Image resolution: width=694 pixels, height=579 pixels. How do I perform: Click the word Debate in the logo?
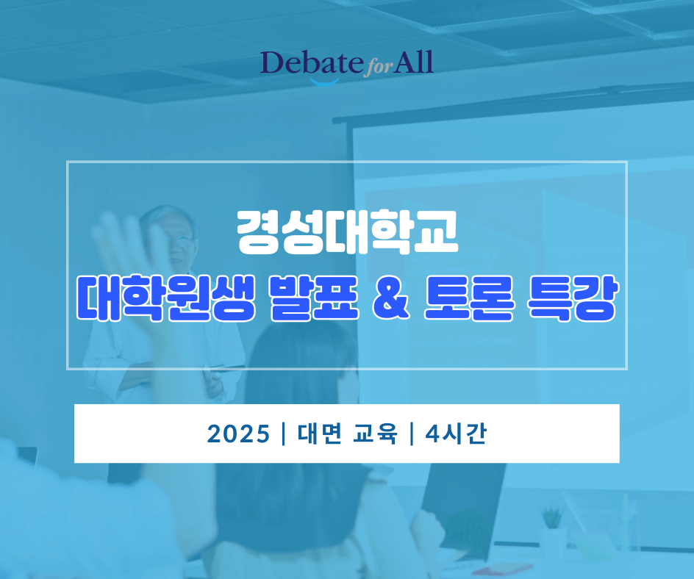(x=312, y=62)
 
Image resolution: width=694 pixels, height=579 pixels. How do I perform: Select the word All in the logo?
(x=413, y=62)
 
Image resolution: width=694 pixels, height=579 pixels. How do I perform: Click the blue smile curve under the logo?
(x=324, y=82)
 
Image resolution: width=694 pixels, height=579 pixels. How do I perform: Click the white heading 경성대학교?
(x=348, y=231)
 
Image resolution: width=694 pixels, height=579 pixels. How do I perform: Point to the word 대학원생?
(x=166, y=298)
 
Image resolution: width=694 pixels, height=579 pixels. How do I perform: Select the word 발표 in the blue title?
(x=314, y=298)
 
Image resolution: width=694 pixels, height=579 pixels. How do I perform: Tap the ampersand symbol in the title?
(x=391, y=298)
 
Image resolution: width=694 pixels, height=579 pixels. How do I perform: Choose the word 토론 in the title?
(x=469, y=298)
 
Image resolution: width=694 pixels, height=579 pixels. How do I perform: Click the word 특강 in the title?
(x=572, y=298)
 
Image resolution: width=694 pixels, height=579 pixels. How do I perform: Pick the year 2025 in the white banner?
(x=238, y=434)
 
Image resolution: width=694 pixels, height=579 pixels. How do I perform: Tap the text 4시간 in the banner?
(x=456, y=433)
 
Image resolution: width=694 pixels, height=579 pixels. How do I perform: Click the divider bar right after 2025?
(x=283, y=434)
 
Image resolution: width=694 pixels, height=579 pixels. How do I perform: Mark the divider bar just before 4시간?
(x=412, y=434)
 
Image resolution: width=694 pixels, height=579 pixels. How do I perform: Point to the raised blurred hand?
(x=129, y=256)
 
